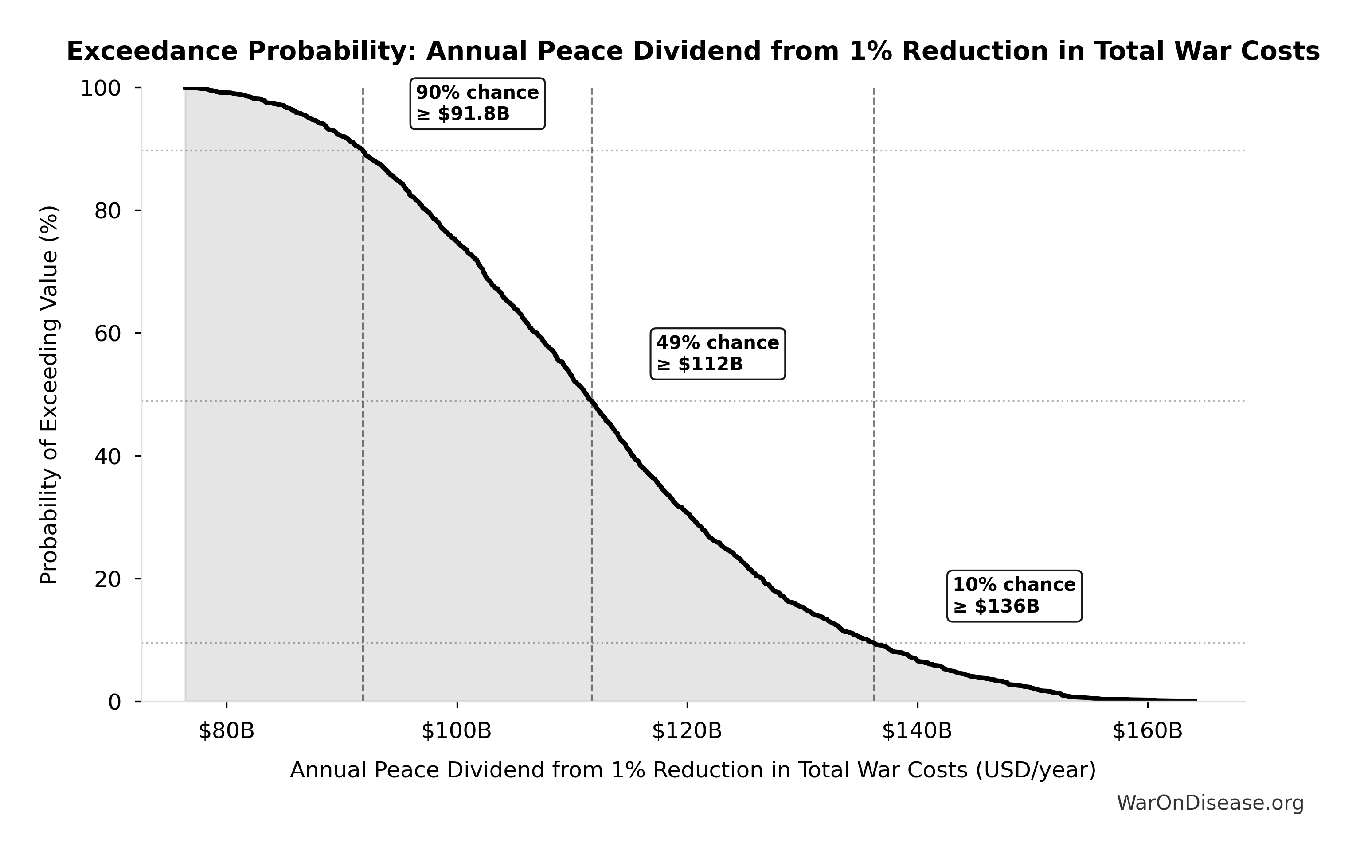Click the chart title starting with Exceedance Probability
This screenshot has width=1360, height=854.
(x=693, y=51)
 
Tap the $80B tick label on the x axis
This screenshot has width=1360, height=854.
(x=227, y=731)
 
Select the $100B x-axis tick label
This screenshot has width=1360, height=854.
(x=456, y=731)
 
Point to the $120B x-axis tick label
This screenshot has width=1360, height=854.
(x=687, y=731)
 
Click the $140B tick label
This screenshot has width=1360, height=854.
(x=917, y=731)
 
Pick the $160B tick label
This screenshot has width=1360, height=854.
(x=1148, y=731)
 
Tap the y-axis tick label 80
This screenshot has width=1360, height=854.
(x=107, y=211)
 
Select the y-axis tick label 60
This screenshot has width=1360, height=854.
(x=107, y=334)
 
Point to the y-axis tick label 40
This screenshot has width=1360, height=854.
(x=107, y=457)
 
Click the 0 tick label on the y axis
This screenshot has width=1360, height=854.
(x=115, y=702)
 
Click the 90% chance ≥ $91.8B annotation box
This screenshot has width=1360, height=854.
(x=477, y=104)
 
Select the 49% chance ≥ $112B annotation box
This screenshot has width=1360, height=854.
(x=717, y=354)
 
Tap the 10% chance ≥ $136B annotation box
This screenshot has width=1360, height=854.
(x=1014, y=596)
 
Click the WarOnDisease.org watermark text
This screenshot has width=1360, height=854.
(x=1210, y=803)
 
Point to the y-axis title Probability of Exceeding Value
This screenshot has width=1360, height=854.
(x=50, y=395)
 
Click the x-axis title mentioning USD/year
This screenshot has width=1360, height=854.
(x=693, y=770)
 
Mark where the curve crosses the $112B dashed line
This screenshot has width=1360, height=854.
(x=592, y=401)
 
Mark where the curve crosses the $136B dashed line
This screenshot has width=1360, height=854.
(x=874, y=643)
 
